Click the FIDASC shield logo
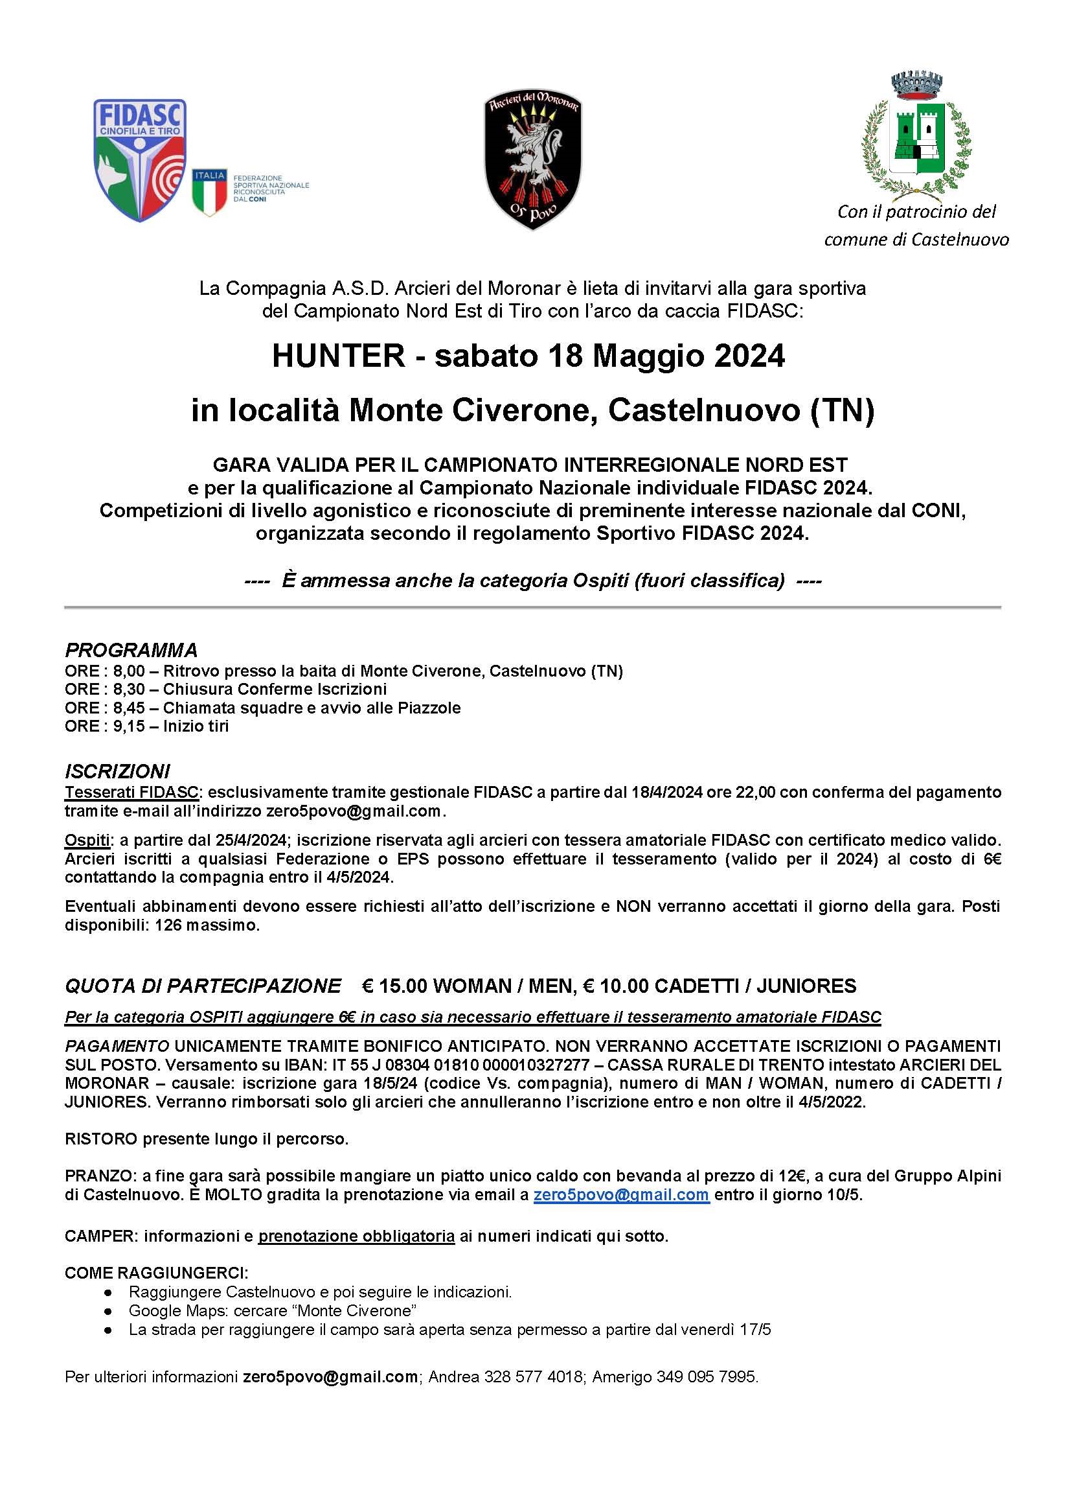pos(140,159)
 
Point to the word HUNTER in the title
pos(339,356)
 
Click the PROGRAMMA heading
pos(131,650)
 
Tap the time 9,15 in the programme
pos(129,726)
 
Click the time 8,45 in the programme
pos(129,708)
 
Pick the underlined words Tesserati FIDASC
pos(131,792)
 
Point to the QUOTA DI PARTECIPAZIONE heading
pos(203,986)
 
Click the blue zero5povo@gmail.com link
pos(621,1195)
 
